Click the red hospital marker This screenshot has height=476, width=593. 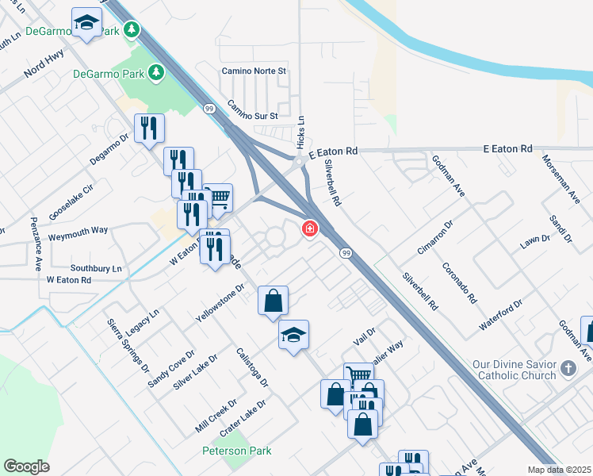click(309, 228)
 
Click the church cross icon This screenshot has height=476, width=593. click(568, 368)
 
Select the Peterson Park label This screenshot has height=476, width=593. click(236, 451)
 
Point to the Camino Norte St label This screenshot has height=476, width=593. click(253, 71)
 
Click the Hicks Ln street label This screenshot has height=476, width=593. click(300, 131)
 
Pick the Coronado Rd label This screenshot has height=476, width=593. click(460, 283)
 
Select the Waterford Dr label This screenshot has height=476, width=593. click(501, 315)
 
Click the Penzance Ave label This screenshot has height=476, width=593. click(36, 244)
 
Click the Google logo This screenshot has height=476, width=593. click(26, 466)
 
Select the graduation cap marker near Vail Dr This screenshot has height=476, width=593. click(293, 336)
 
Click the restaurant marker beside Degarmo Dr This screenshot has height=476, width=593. click(149, 129)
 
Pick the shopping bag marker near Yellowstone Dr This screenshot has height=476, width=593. click(273, 301)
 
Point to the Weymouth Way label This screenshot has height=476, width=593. click(78, 230)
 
